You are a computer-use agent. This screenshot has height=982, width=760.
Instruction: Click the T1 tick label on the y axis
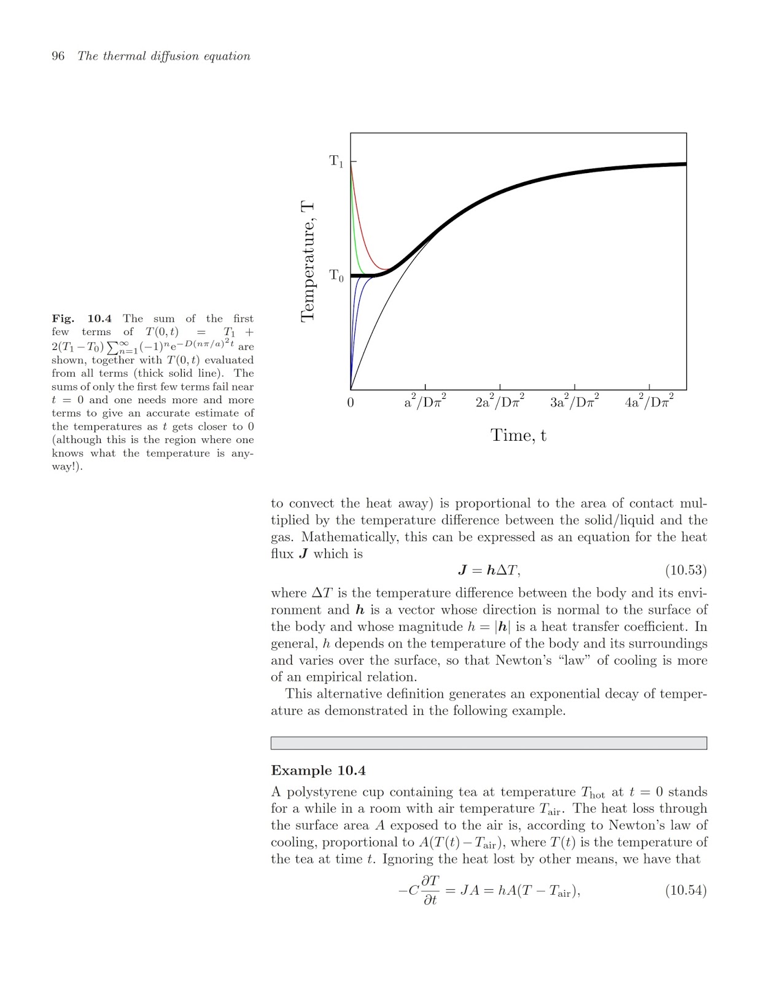[336, 161]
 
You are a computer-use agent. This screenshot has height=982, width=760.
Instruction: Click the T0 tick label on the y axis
[336, 276]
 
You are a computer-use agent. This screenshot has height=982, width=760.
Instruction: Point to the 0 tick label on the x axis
[351, 403]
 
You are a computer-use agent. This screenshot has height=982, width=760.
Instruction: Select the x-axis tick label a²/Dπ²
[425, 401]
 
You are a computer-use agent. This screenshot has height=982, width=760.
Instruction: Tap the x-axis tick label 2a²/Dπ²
[500, 401]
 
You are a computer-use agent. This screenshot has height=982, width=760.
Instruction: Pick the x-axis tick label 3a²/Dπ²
[575, 401]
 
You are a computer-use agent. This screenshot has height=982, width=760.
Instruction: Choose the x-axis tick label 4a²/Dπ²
[649, 401]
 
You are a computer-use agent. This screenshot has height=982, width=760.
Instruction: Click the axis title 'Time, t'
[518, 435]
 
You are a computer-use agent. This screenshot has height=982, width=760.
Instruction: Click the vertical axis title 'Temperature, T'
[308, 261]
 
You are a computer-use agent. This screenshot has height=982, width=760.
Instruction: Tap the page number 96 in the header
[58, 56]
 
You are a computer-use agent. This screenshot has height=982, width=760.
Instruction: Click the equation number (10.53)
[686, 570]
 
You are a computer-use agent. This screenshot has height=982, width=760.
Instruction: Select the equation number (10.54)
[686, 890]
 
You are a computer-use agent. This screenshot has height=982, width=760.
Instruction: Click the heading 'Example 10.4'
[318, 770]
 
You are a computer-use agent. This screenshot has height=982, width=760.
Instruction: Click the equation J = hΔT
[489, 570]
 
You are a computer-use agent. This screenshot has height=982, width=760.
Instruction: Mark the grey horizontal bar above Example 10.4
[489, 743]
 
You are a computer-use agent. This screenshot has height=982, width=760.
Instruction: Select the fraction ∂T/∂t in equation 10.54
[431, 891]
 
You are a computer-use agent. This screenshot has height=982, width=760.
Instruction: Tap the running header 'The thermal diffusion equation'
[164, 56]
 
